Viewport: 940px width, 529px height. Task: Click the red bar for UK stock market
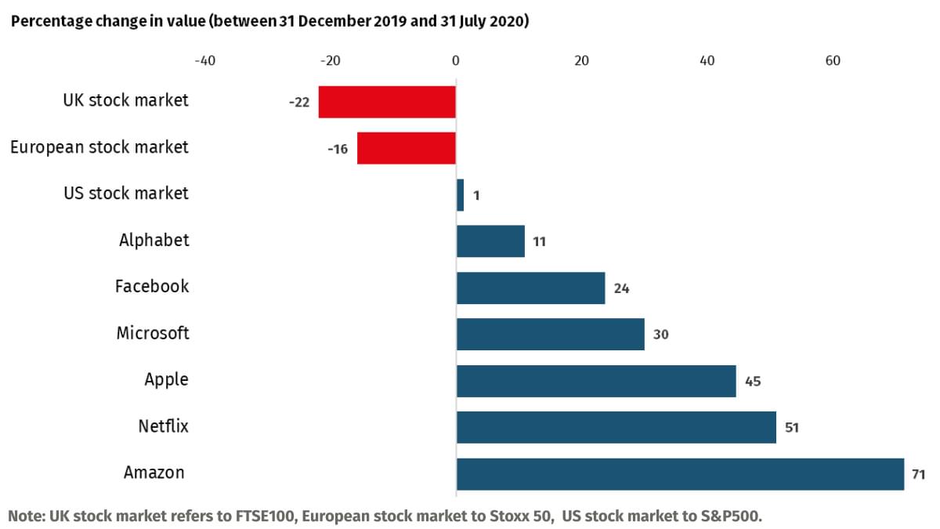(387, 102)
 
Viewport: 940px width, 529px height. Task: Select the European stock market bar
(406, 148)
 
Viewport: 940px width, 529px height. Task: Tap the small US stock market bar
(460, 194)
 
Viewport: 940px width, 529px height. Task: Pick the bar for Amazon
(679, 474)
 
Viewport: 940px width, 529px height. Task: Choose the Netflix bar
(616, 427)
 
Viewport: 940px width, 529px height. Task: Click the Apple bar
(595, 381)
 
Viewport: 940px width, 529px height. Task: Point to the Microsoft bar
(550, 334)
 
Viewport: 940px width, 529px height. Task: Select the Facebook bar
(530, 288)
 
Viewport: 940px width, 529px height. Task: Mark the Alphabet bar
(490, 241)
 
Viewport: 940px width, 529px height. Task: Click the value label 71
(919, 474)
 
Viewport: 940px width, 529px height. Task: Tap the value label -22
(299, 103)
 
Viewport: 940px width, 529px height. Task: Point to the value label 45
(753, 382)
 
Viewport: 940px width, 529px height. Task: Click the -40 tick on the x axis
(204, 61)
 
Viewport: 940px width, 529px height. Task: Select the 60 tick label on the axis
(833, 61)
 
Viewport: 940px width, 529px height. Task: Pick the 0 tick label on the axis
(456, 61)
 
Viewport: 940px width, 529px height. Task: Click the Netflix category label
(163, 426)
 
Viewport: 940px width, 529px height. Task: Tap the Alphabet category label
(154, 240)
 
